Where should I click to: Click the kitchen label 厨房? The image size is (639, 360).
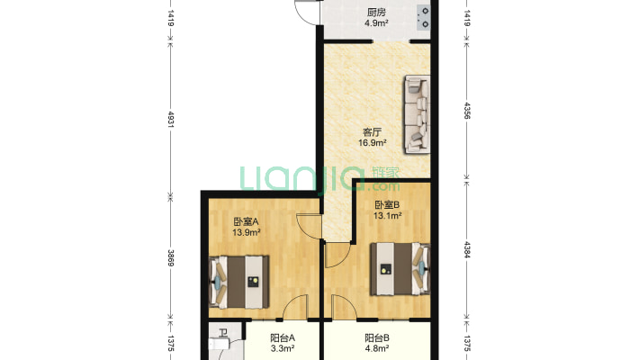point(375,13)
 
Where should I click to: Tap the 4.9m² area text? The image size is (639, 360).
point(375,23)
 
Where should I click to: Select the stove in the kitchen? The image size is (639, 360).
point(424,17)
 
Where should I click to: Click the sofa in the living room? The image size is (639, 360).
point(418,114)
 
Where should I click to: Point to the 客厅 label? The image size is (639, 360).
point(372,132)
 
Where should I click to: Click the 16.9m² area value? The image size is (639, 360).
point(372,143)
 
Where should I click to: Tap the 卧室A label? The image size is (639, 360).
point(246,221)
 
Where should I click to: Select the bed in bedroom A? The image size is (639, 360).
point(239,282)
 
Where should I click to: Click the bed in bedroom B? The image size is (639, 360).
point(400,269)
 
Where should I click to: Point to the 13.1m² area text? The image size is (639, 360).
point(388,216)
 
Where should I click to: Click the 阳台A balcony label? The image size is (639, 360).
point(283,338)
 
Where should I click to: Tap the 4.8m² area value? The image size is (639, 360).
point(376,348)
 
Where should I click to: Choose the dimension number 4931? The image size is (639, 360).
point(171,120)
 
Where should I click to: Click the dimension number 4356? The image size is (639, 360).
point(467,110)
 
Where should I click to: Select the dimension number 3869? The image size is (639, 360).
point(171,258)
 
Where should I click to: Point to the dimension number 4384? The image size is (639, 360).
point(467,250)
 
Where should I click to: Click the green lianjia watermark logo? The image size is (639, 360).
point(319,178)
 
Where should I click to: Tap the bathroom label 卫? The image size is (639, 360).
point(223,333)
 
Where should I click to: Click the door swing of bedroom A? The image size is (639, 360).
point(309,226)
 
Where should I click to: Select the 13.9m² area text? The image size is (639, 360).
point(247,233)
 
